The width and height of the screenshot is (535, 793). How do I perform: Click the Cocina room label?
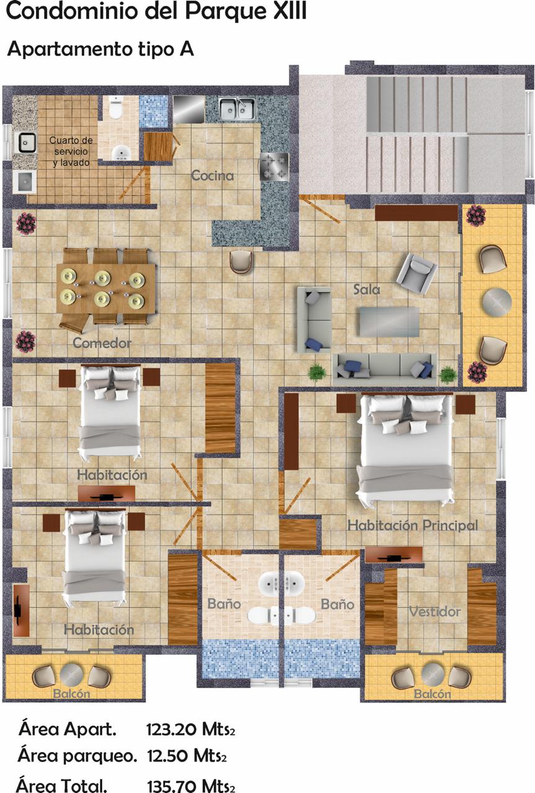coord(212,175)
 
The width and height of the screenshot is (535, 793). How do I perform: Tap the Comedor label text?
coord(102,343)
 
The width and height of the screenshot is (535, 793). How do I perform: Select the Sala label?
coord(366,289)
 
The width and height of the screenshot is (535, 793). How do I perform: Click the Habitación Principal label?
coord(412,525)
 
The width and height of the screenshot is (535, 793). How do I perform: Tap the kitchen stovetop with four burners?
coord(274,167)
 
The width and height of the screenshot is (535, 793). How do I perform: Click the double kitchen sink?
coord(237,108)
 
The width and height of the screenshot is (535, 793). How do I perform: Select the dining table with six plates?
coord(106,288)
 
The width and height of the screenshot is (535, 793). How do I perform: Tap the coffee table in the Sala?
coord(389,322)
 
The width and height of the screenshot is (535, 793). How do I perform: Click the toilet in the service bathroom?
coord(116,108)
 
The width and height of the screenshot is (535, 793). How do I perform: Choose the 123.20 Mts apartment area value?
coord(190,729)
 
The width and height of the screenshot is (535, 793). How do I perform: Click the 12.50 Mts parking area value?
coord(187,756)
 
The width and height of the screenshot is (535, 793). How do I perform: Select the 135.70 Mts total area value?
coord(190,784)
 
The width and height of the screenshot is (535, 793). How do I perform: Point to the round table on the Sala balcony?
coord(497,302)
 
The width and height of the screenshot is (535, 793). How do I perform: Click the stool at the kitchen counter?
coord(241,261)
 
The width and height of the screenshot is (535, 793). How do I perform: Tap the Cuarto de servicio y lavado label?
coord(71,152)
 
